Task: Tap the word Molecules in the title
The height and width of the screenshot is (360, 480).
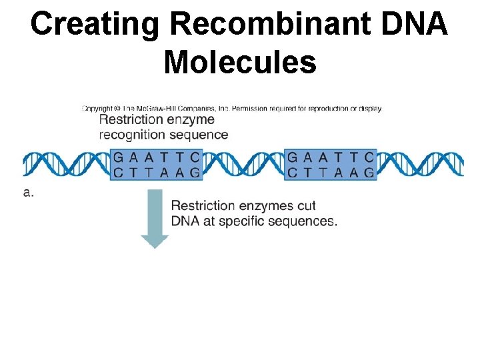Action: pos(239,63)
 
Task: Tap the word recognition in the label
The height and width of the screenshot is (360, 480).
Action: pos(132,135)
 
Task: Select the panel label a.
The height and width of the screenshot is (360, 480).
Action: pos(29,193)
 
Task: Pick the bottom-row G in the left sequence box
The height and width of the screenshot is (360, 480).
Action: pos(194,173)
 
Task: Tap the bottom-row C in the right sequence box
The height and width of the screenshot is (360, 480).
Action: pos(293,173)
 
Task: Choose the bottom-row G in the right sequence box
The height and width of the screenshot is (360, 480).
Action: pos(369,173)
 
